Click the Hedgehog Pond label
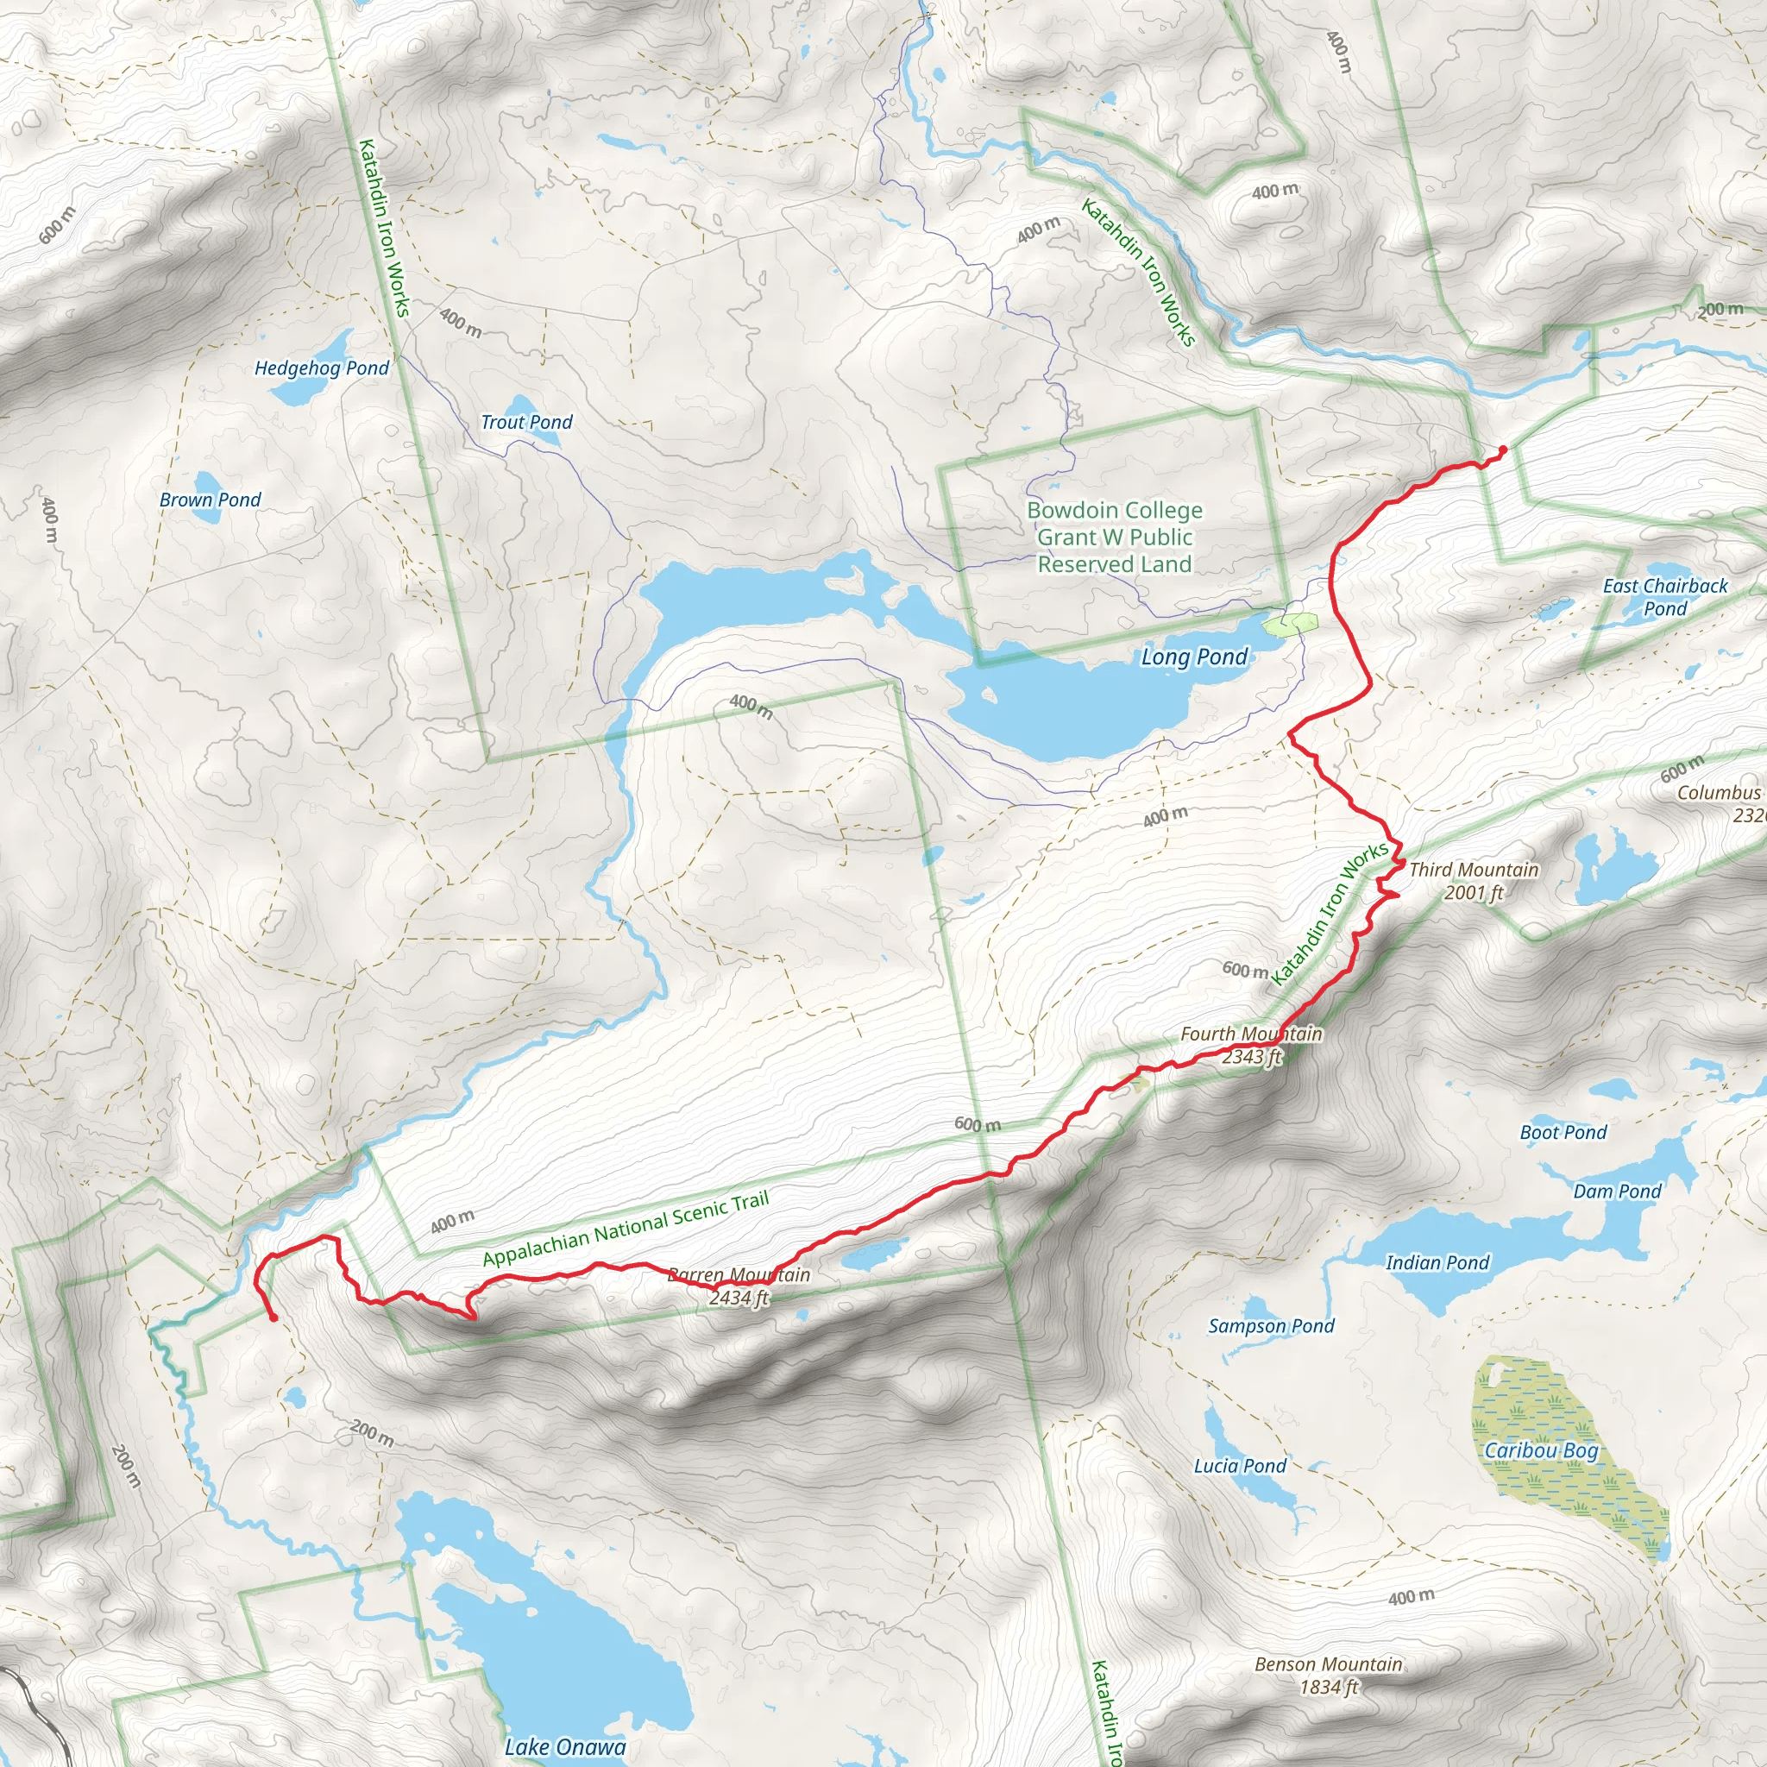click(x=321, y=368)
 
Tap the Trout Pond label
click(x=526, y=422)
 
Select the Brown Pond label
click(x=210, y=500)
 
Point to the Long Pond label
click(x=1193, y=657)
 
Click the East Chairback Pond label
click(x=1664, y=596)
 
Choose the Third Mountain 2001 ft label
click(x=1474, y=880)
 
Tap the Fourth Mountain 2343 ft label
click(x=1251, y=1045)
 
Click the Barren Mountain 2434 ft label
click(x=739, y=1285)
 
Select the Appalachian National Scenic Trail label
click(x=626, y=1228)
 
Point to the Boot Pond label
click(x=1563, y=1132)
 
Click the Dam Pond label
click(x=1617, y=1191)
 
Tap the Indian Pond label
click(x=1437, y=1263)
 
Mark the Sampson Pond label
click(x=1271, y=1325)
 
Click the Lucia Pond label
click(x=1239, y=1465)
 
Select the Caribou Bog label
click(x=1540, y=1449)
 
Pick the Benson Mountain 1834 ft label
click(x=1328, y=1675)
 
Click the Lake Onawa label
click(x=565, y=1747)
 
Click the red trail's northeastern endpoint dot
click(x=1503, y=448)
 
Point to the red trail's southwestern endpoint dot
click(x=274, y=1318)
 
